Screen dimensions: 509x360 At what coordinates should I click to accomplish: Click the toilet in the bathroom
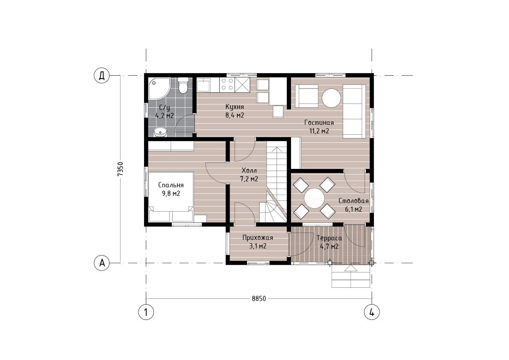coord(183,86)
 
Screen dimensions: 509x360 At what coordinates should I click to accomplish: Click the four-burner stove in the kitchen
coord(227,84)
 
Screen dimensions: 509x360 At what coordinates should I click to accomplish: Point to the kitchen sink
coord(203,85)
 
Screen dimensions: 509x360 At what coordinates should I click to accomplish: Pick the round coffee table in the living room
coord(332,98)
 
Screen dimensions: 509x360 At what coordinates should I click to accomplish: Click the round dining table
coord(314,198)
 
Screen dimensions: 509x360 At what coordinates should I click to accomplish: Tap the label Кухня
coord(235,107)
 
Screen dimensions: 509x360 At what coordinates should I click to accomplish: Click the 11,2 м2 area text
coord(319,131)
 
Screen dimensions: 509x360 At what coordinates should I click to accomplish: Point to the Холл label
coord(249,171)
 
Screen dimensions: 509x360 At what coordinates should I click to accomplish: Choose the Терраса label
coord(329,238)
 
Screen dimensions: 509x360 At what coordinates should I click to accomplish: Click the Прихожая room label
coord(258,238)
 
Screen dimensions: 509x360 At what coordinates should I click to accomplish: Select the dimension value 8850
coord(259,299)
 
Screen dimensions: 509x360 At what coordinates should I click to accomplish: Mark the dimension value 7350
coord(121,169)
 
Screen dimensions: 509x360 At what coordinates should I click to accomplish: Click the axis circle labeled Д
coord(102,76)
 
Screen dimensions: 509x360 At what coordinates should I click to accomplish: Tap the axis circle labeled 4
coord(372,312)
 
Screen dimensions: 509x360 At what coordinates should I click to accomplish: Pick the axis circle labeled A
coord(102,263)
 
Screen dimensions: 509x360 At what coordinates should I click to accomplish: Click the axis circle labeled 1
coord(146,312)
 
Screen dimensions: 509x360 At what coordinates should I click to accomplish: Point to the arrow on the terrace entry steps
coord(350,269)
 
